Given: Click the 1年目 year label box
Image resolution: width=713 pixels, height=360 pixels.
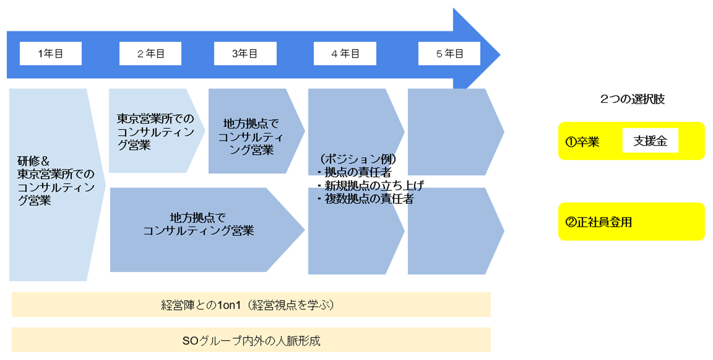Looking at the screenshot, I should point(50,53).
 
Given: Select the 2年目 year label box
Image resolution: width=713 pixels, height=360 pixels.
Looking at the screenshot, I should point(150,53).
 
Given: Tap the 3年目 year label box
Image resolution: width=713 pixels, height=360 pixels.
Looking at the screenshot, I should point(245,53).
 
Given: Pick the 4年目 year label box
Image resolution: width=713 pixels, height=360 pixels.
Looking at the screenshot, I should point(345,53).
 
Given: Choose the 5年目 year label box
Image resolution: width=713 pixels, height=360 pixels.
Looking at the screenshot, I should point(449,53).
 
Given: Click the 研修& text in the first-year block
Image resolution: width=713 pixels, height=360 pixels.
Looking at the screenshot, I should point(33,161).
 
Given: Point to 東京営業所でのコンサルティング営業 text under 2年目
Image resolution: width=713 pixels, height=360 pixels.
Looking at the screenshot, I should point(155,131).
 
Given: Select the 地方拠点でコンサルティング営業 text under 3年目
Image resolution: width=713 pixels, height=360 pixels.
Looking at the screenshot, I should point(251,136).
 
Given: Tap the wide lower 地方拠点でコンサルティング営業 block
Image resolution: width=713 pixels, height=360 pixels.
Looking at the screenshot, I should point(199,225).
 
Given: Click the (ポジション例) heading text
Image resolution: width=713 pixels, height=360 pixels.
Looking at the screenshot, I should point(358,159).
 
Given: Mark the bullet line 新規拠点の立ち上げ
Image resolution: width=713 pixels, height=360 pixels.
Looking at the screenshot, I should point(374,185).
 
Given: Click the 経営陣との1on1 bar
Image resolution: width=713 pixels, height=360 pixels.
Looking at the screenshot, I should point(251,305).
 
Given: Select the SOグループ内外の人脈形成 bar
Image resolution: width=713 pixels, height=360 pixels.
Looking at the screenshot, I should point(251,341).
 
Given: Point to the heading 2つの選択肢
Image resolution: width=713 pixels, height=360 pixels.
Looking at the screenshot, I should point(632,99).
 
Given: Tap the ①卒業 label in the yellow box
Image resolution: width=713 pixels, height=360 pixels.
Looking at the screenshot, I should point(583,142).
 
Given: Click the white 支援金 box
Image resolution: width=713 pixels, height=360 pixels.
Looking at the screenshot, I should point(650,141).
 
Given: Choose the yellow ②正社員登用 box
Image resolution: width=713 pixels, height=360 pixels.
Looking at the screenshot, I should point(631,222).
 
